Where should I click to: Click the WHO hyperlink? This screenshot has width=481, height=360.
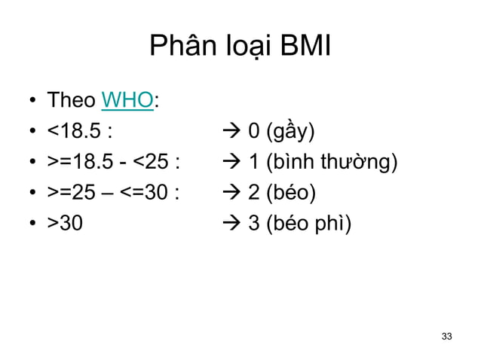(x=127, y=101)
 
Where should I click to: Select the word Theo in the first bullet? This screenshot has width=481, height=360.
(x=72, y=101)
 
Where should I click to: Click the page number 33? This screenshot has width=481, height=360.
(x=447, y=335)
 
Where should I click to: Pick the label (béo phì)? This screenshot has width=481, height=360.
(x=311, y=224)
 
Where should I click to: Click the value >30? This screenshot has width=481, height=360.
(x=66, y=224)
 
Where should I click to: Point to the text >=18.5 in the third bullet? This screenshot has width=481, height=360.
(x=81, y=163)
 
